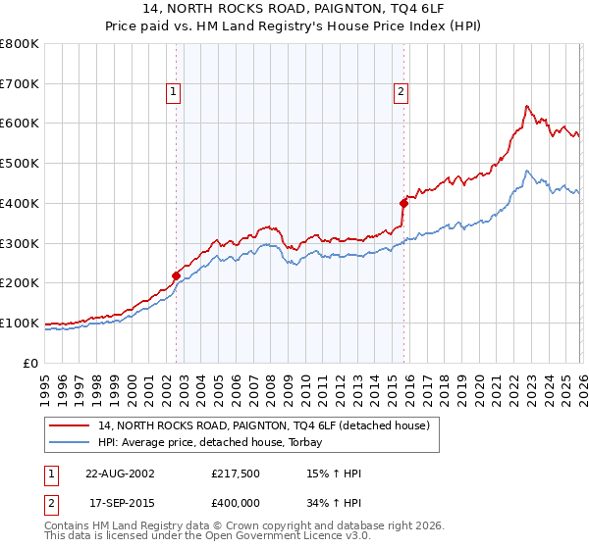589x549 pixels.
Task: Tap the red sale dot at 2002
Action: tap(177, 275)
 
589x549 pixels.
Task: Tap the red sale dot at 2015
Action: tap(403, 203)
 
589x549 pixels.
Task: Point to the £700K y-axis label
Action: tap(20, 84)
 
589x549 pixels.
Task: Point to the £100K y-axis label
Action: tap(20, 323)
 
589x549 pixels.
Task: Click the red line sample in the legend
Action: tap(70, 426)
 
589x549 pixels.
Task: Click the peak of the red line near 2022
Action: tap(527, 106)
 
